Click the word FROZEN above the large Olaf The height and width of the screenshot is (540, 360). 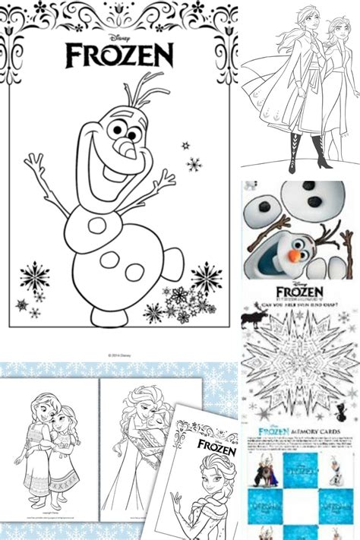[x=119, y=55]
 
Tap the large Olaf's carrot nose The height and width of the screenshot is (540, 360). [x=131, y=151]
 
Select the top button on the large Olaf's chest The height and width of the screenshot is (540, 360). [x=97, y=225]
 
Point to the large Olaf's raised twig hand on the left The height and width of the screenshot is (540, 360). [x=34, y=163]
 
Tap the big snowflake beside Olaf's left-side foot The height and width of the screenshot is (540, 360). [x=35, y=276]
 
